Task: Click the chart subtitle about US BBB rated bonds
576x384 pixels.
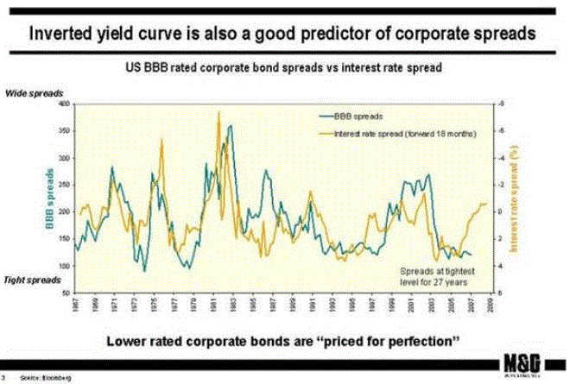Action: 286,67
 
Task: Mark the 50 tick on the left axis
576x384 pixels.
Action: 63,293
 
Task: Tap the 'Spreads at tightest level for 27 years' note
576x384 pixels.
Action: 431,276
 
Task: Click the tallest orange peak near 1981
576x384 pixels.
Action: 219,112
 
